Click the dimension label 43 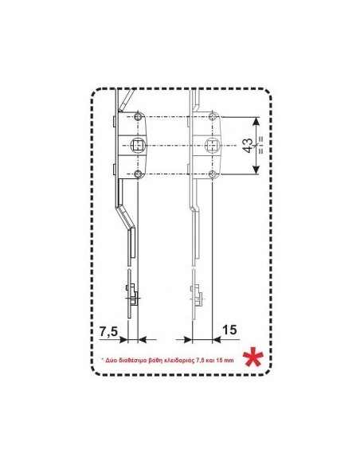pyautogui.click(x=248, y=146)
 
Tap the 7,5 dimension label pyautogui.click(x=108, y=331)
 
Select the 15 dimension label pyautogui.click(x=229, y=330)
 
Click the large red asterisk pyautogui.click(x=253, y=359)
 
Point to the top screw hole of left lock pyautogui.click(x=138, y=116)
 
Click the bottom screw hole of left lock pyautogui.click(x=138, y=174)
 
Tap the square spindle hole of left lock pyautogui.click(x=138, y=145)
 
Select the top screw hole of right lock pyautogui.click(x=213, y=116)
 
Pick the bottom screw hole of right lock pyautogui.click(x=213, y=174)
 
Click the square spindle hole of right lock pyautogui.click(x=212, y=145)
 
